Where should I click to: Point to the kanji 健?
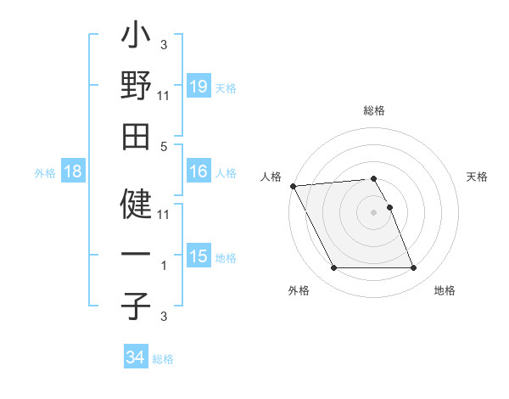coord(136,204)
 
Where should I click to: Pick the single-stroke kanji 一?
coord(136,256)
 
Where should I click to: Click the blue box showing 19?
coord(199,86)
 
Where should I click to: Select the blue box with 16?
coord(199,171)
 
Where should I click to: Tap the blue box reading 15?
coord(199,256)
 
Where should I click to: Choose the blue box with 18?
coord(73,171)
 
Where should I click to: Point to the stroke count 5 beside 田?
coord(164,147)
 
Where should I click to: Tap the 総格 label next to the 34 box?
coord(164,359)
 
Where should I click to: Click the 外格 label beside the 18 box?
coord(45,173)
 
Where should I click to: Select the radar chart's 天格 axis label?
coord(477,177)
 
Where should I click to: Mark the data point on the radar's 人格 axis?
coord(293,186)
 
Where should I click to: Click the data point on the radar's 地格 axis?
coord(413,268)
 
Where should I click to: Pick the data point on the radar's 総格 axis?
coord(373,178)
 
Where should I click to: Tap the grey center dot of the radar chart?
coord(373,211)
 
